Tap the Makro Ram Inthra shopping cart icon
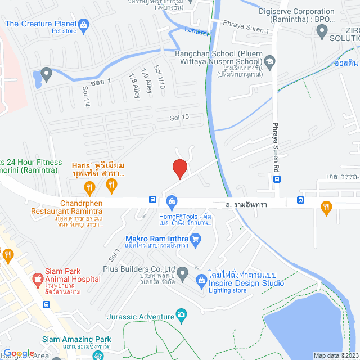coord(196,241)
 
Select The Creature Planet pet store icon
coord(83,24)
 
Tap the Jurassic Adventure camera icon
coord(181,315)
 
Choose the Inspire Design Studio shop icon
coord(201,280)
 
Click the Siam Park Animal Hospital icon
coord(38,278)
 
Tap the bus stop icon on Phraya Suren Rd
coord(277,179)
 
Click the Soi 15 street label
coord(180,117)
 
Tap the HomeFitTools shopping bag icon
coord(172,200)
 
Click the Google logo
coord(18,354)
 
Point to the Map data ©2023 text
coord(336,355)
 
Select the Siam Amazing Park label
coord(76,340)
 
